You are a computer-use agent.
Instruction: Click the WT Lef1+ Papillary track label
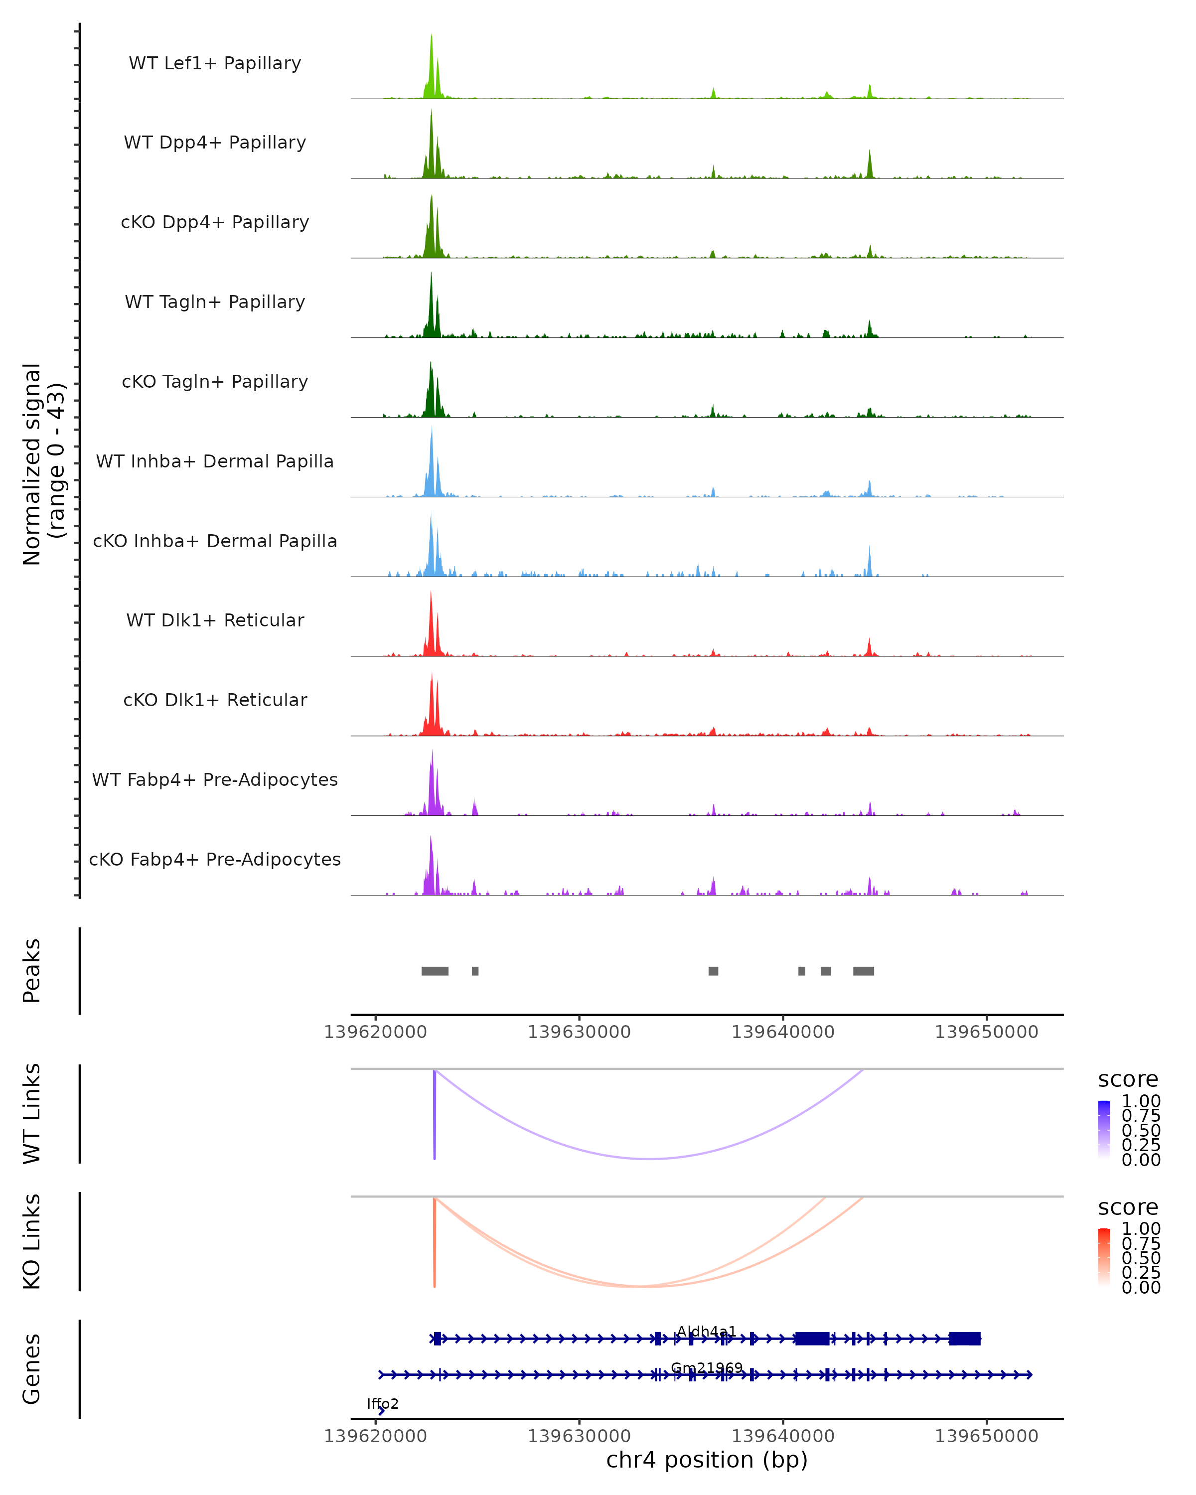tap(215, 63)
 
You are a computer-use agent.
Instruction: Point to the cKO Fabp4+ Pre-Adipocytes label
tap(215, 859)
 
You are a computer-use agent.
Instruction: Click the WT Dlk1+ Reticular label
tap(215, 620)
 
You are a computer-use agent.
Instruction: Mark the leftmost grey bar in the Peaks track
tap(435, 971)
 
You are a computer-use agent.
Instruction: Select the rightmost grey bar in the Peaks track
tap(863, 971)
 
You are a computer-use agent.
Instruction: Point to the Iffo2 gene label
tap(383, 1404)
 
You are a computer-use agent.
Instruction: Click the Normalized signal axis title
tap(43, 464)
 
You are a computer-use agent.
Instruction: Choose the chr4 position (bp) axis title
tap(707, 1460)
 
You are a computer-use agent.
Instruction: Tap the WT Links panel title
tap(32, 1114)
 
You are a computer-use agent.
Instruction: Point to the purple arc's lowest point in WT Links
tap(648, 1159)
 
